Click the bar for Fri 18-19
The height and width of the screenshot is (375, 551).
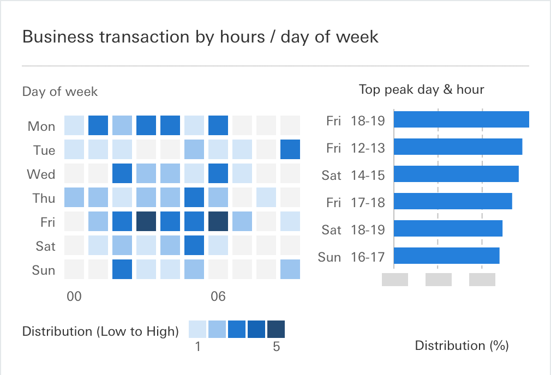461,119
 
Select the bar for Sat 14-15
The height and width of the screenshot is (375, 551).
456,174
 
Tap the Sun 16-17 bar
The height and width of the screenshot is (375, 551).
446,256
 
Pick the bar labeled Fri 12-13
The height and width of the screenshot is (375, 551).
458,147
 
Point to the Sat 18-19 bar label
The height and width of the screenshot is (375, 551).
354,229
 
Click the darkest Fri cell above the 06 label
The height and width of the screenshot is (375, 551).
218,221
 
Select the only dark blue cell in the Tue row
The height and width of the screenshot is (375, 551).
290,149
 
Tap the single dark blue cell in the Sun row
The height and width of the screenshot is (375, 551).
122,269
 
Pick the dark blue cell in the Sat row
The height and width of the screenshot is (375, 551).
194,245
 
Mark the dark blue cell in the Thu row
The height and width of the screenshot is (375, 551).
194,197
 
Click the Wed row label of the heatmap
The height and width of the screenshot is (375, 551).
41,174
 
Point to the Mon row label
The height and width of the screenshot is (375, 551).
41,126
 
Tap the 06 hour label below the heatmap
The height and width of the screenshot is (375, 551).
218,297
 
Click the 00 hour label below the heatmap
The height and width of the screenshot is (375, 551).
74,297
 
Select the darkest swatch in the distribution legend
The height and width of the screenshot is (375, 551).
276,330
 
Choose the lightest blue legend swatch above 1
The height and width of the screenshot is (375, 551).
197,330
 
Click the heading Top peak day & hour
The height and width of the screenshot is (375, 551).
421,89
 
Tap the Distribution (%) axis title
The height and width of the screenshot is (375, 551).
462,346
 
